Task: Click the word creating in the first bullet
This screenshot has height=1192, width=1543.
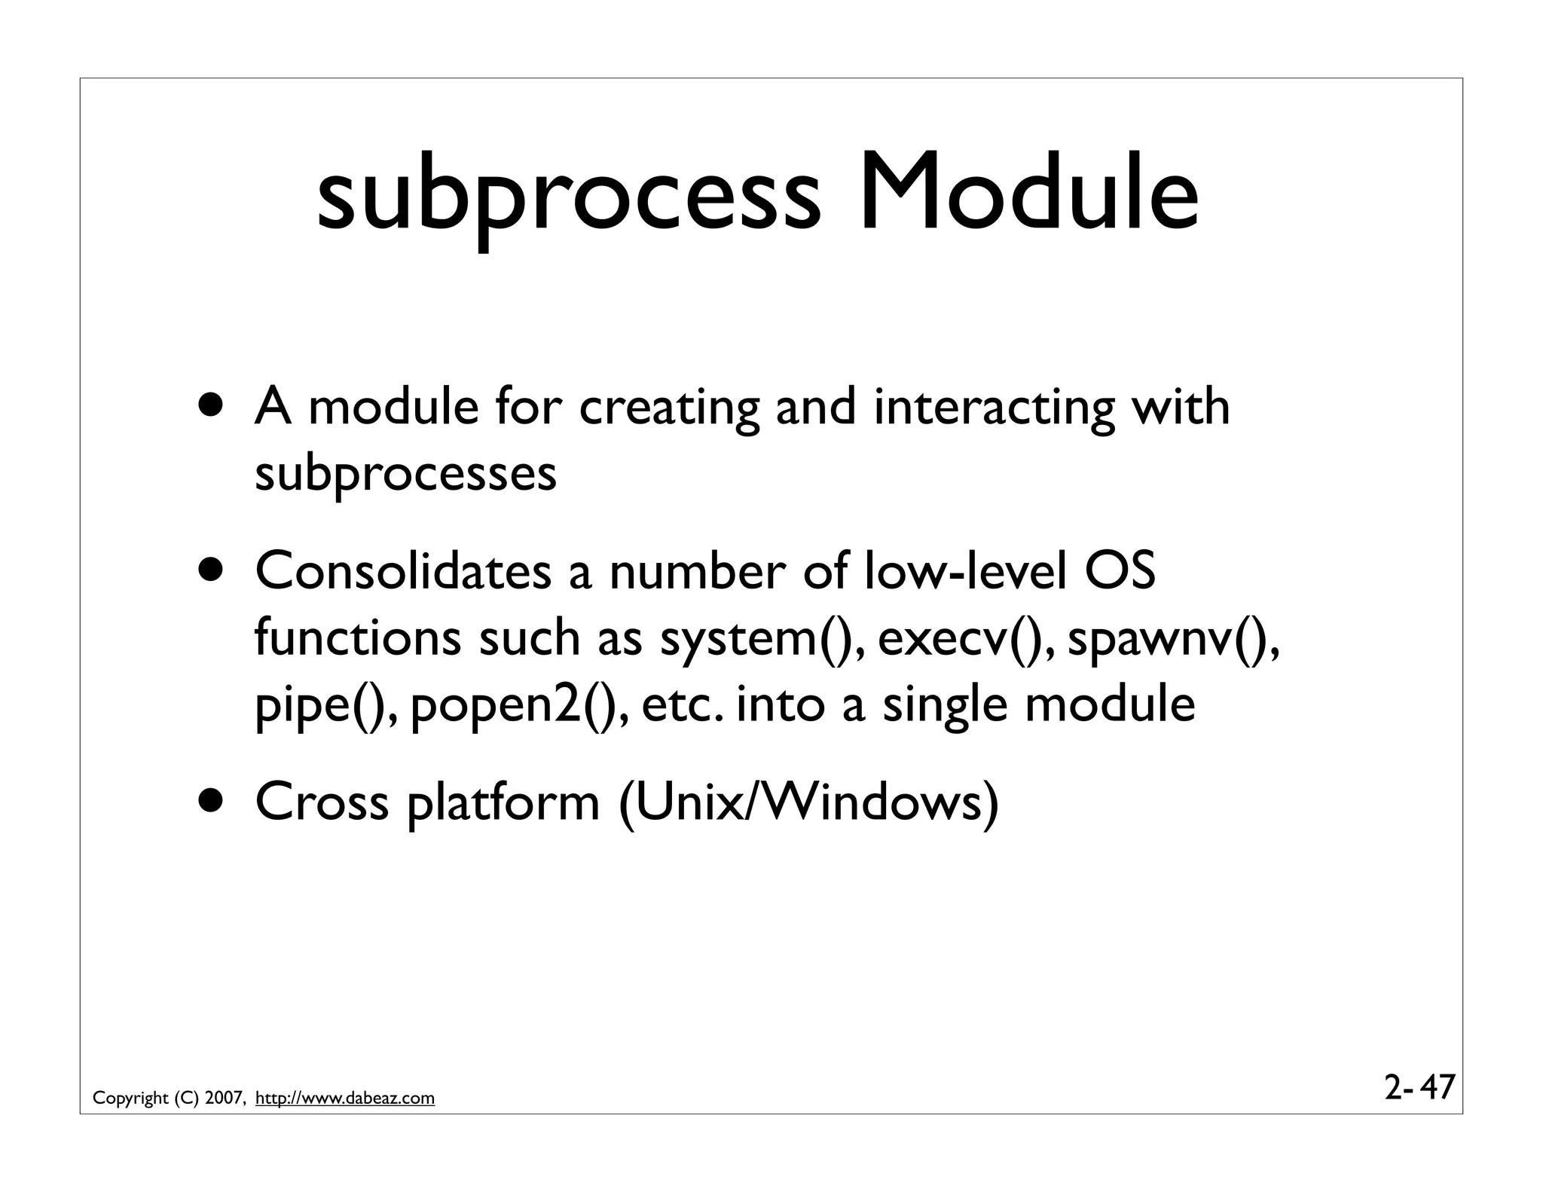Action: (x=668, y=408)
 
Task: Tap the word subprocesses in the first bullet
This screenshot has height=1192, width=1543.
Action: (x=405, y=475)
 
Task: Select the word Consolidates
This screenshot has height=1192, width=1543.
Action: (x=403, y=571)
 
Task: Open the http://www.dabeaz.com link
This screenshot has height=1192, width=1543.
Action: (x=345, y=1099)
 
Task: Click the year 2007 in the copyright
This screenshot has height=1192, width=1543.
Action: (x=224, y=1099)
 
